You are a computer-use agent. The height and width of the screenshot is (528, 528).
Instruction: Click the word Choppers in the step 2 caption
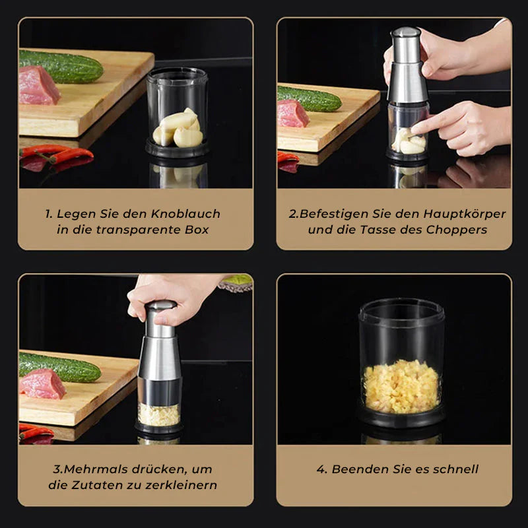(x=459, y=230)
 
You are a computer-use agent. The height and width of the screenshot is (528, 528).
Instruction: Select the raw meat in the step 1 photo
(x=38, y=86)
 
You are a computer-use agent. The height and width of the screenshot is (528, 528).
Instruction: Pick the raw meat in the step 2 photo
(x=292, y=114)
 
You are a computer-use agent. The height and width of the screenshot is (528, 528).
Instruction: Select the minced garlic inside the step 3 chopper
(x=158, y=414)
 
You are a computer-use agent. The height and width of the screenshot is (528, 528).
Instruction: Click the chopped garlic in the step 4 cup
(x=401, y=386)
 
